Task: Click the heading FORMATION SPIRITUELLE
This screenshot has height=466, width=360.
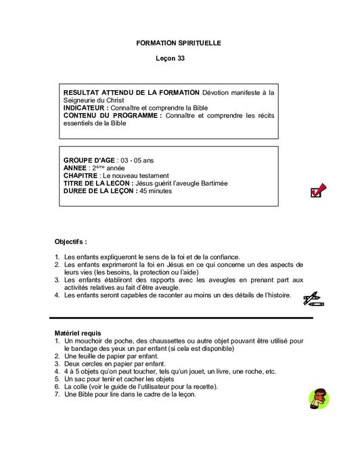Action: (x=179, y=43)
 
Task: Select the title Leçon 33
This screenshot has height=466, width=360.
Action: (x=170, y=59)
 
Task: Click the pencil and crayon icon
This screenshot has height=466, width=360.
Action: (x=311, y=297)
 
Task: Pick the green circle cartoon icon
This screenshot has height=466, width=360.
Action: (x=318, y=399)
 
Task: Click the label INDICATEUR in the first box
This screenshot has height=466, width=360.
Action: (x=85, y=108)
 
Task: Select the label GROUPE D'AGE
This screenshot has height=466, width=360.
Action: (x=89, y=161)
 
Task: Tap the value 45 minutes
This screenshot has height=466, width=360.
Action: (x=156, y=191)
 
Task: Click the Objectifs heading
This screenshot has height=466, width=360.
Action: (x=70, y=241)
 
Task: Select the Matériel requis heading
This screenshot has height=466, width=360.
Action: (x=77, y=334)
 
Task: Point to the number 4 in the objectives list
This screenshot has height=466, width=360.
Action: (x=57, y=295)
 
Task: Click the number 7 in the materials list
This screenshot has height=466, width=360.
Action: (x=57, y=394)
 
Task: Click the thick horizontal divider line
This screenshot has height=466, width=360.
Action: (x=181, y=317)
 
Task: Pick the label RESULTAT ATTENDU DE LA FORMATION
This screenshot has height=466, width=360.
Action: (x=131, y=92)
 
